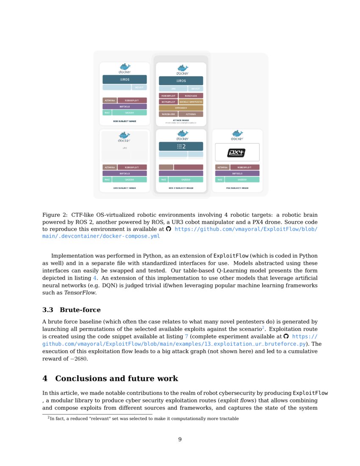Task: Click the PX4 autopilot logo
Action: (x=237, y=153)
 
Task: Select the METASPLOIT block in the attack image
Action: (x=168, y=102)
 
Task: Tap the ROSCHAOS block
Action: (x=191, y=96)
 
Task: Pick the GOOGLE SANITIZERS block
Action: (x=191, y=102)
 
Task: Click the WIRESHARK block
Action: (x=168, y=114)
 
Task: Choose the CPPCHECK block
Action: (x=181, y=108)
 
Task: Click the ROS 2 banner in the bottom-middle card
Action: (x=181, y=146)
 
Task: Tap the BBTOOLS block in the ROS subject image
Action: (x=125, y=107)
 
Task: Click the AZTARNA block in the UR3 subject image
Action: (x=110, y=167)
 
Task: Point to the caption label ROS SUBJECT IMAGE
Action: (x=125, y=121)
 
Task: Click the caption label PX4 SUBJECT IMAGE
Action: (x=237, y=188)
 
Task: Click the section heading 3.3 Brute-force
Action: (x=72, y=310)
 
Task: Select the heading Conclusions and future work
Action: (x=110, y=378)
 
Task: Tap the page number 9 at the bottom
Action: (x=180, y=439)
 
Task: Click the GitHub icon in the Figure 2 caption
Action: (x=169, y=229)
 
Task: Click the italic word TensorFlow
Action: (x=80, y=293)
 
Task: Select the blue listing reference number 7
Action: (x=186, y=336)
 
